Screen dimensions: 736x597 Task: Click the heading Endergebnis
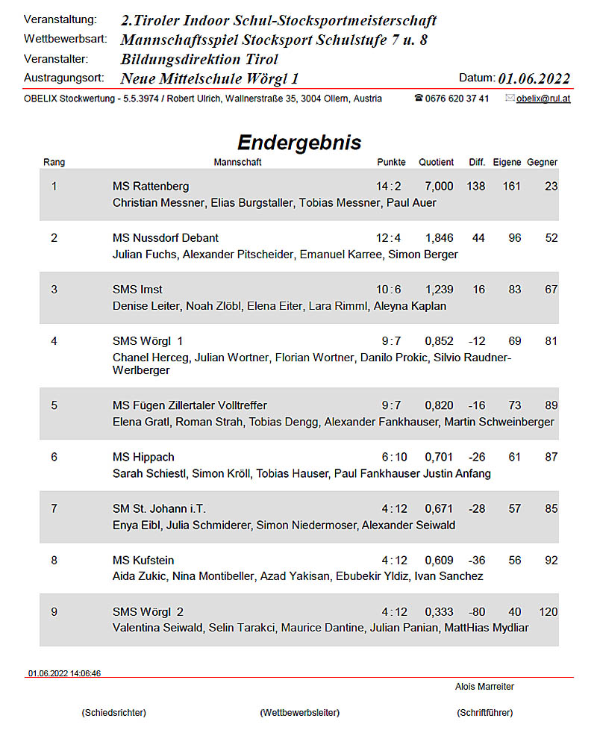(x=298, y=143)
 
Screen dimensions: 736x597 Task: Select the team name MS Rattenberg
(x=151, y=186)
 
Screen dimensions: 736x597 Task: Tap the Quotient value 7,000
(x=439, y=186)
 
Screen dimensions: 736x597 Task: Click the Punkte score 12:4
(x=388, y=238)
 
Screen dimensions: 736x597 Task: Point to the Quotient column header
(x=436, y=162)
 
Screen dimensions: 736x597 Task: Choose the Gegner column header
(x=542, y=162)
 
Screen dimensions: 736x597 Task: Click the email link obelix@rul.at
(x=543, y=99)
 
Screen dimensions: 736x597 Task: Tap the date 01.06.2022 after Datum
(x=534, y=79)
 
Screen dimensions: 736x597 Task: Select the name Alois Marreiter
(x=484, y=687)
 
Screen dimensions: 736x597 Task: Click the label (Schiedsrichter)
(x=113, y=713)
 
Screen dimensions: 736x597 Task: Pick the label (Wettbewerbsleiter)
(x=299, y=713)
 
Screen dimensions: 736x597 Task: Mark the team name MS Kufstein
(x=143, y=560)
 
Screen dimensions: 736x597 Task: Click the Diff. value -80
(x=476, y=612)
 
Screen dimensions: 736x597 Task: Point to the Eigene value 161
(x=511, y=186)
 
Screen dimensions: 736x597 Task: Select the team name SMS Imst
(x=137, y=290)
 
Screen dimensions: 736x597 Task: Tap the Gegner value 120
(x=548, y=612)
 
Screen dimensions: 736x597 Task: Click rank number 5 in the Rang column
(x=54, y=405)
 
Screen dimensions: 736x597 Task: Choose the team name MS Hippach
(x=143, y=457)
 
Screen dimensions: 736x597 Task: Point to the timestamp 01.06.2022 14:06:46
(x=64, y=673)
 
